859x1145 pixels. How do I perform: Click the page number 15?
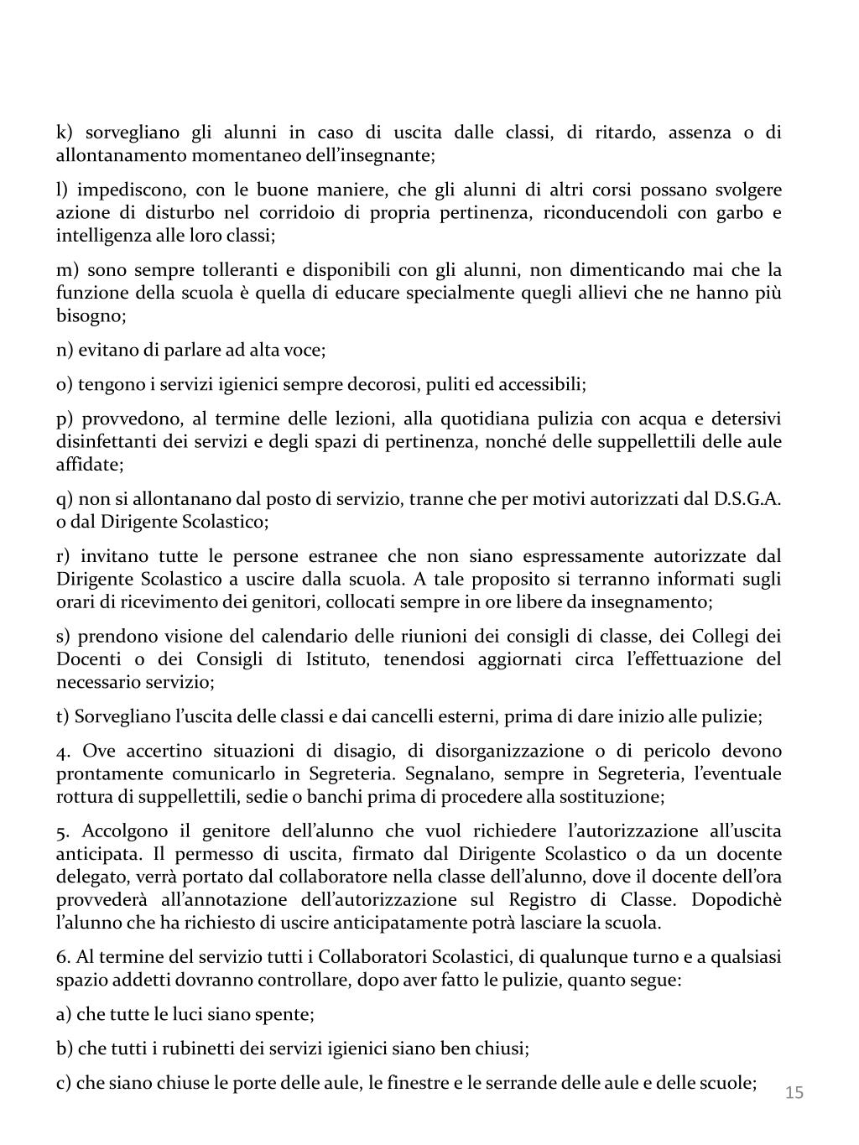click(x=794, y=1092)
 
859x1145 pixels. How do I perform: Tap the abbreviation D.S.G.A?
click(x=747, y=499)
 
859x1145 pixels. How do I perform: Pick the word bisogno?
click(x=91, y=316)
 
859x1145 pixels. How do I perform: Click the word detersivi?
click(x=743, y=419)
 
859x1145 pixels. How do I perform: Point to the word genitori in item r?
click(x=289, y=602)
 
